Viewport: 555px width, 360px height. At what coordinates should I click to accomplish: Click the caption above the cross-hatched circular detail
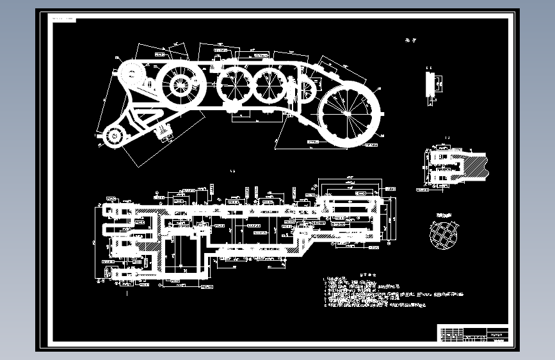pos(444,215)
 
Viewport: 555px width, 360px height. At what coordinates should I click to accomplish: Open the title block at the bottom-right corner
pos(474,334)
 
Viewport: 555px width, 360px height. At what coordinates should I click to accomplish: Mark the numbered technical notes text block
pos(384,294)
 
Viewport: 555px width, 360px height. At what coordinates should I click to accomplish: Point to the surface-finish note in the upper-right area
pos(410,40)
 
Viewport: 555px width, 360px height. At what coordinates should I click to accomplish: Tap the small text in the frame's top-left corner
pos(63,19)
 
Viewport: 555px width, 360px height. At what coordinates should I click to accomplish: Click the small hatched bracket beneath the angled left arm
pos(165,133)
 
